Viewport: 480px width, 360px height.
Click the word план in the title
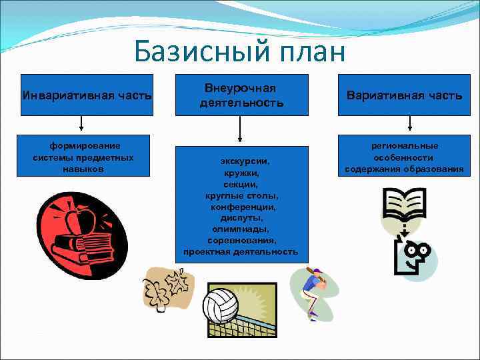click(309, 52)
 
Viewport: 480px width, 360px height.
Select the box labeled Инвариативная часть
click(87, 95)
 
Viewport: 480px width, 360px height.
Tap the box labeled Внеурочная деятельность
click(241, 95)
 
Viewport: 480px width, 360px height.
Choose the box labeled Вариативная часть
click(404, 95)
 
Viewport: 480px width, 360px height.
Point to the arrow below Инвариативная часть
click(81, 125)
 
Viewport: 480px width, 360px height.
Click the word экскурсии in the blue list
click(241, 161)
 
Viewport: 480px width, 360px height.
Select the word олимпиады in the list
click(241, 229)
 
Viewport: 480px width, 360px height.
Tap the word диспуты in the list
click(241, 218)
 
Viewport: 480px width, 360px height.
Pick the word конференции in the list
click(241, 207)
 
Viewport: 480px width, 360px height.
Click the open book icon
click(404, 205)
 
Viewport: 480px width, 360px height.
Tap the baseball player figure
click(313, 290)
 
